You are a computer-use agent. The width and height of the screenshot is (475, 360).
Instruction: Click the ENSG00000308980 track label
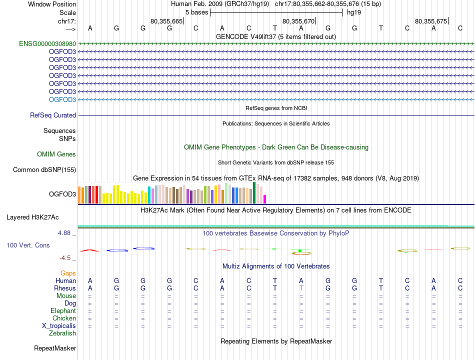(x=47, y=43)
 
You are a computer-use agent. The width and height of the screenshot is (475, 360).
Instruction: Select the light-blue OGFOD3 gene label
(x=62, y=99)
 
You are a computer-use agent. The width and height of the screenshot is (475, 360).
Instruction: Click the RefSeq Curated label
(x=53, y=115)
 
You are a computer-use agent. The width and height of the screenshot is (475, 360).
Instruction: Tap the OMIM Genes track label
(x=56, y=154)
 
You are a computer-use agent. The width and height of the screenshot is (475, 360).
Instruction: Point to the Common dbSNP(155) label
(x=44, y=170)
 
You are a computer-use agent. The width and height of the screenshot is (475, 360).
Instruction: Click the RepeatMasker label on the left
(x=55, y=348)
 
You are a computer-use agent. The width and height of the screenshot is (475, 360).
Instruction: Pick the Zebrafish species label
(x=62, y=333)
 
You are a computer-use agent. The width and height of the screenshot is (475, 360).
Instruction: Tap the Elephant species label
(x=63, y=310)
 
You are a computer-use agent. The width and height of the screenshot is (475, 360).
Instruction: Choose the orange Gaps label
(x=68, y=273)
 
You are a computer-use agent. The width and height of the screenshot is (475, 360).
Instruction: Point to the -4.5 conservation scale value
(x=66, y=258)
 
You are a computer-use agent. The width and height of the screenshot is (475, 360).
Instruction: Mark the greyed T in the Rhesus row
(x=301, y=288)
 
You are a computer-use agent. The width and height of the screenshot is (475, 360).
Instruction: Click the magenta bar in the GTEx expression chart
(x=265, y=199)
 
